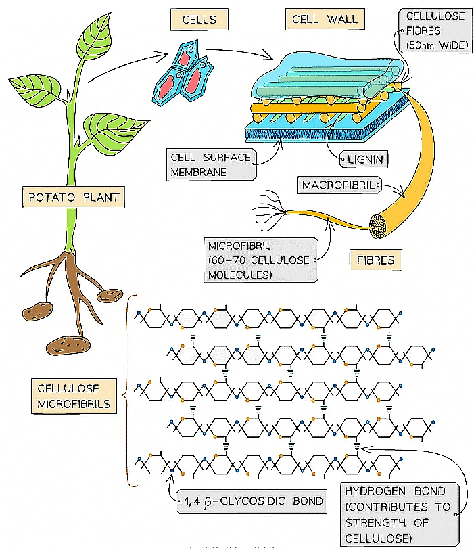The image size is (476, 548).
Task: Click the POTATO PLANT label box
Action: click(72, 198)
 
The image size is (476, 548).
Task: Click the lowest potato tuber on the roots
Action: click(68, 346)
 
